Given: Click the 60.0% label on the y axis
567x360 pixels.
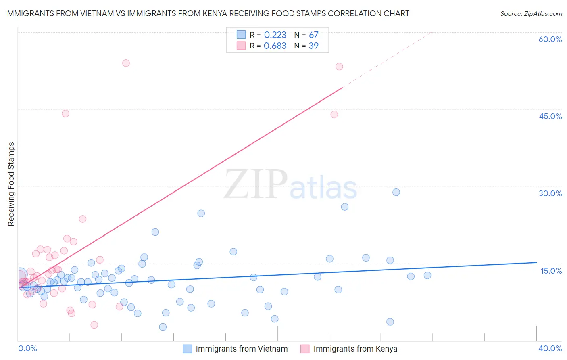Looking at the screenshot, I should [550, 39].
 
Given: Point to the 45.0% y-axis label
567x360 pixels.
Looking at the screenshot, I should [550, 116].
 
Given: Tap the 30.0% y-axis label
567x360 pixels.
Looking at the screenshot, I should [550, 193].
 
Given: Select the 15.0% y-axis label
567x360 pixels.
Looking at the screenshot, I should [551, 271].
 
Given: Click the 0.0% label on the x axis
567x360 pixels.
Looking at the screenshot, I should [27, 348].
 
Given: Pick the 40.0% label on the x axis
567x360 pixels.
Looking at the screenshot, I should [550, 348].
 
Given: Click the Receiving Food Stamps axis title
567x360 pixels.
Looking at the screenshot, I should [11, 184].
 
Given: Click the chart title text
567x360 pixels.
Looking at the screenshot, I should [207, 13].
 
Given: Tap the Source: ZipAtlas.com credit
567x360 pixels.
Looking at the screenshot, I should [531, 13].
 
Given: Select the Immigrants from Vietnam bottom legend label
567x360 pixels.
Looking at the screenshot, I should [242, 349].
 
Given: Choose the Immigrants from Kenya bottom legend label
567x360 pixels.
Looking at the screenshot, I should [355, 349].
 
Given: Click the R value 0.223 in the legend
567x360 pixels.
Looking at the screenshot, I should [275, 35].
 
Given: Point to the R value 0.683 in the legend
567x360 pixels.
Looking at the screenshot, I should [275, 46].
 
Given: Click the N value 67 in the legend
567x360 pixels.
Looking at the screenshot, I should [313, 35].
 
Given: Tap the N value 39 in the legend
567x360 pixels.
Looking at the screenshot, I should [313, 46].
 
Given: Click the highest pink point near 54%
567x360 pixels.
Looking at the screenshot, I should [126, 63].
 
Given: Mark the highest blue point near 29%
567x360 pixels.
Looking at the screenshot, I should [396, 192].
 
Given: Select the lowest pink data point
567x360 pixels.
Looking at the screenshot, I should [94, 325].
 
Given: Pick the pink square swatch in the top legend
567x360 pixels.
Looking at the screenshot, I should [241, 46].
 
